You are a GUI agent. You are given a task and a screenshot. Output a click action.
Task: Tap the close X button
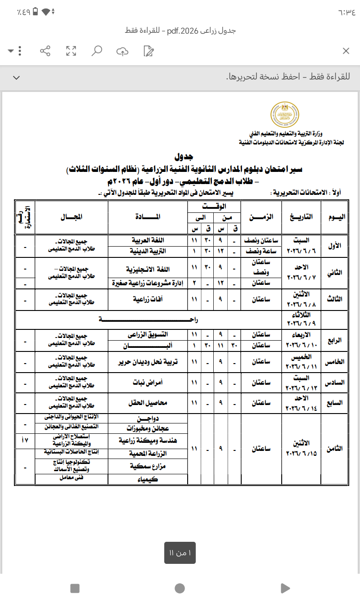click(x=346, y=51)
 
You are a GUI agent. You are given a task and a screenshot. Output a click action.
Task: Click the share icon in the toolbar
click(x=45, y=51)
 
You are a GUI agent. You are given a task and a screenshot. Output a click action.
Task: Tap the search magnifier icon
click(x=97, y=51)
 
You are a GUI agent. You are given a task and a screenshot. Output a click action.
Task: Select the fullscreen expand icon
click(x=71, y=51)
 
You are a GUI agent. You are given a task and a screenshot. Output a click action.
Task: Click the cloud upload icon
click(x=122, y=51)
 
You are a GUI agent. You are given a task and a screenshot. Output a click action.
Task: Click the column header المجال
click(x=72, y=217)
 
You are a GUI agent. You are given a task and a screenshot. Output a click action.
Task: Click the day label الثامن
click(x=336, y=449)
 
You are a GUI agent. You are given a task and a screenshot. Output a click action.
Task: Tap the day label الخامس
click(x=336, y=362)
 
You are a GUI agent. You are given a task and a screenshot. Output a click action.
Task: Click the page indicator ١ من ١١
click(x=180, y=553)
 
